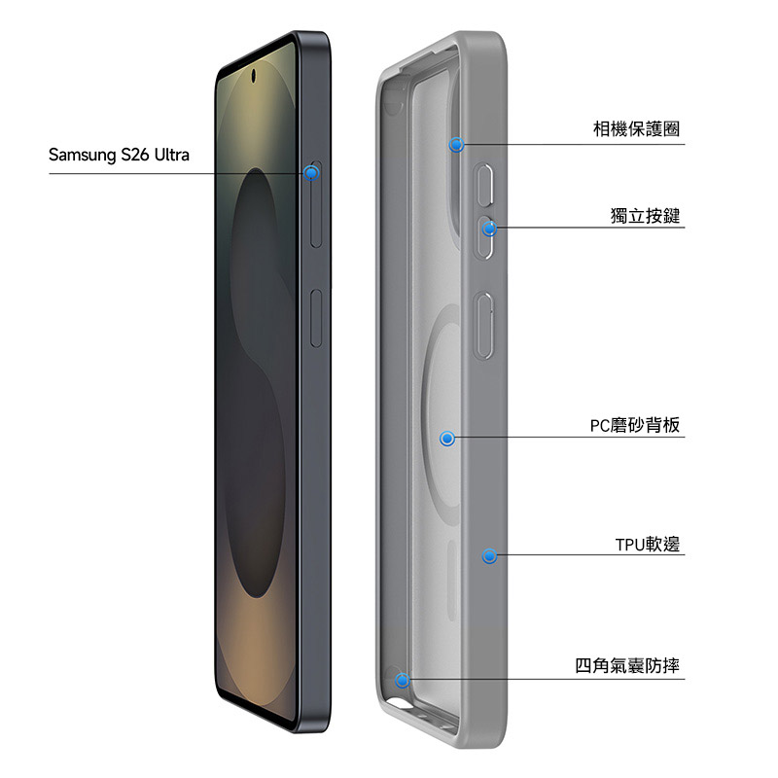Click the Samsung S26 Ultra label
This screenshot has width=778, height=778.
119,155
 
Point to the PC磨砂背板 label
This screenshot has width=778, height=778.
634,425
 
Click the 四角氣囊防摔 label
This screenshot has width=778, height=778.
626,666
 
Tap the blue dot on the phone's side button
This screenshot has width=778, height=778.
311,173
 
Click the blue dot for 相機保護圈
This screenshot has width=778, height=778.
456,145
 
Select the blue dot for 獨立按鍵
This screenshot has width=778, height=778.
489,229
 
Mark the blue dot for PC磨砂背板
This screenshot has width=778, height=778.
447,440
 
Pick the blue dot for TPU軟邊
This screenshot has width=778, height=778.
489,556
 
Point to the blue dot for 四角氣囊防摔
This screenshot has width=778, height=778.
403,681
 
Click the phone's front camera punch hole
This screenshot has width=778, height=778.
255,75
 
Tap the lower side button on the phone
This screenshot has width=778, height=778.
315,317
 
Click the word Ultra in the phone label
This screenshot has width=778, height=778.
168,155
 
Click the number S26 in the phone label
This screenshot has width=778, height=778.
135,155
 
